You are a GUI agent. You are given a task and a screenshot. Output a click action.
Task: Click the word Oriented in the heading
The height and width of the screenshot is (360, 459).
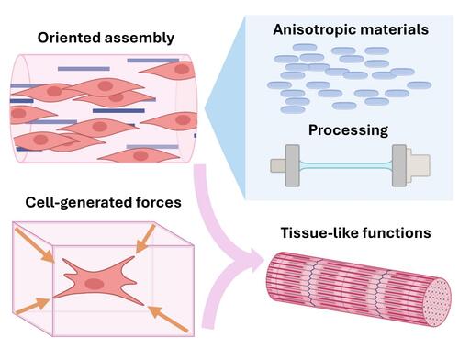coord(69,38)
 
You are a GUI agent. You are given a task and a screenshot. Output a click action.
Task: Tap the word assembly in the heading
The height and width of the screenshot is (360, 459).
coord(140,39)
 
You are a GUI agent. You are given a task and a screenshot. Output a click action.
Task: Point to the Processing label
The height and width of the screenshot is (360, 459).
coord(348,130)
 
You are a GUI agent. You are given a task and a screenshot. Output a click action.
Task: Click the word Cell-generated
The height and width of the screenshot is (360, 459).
coord(73,203)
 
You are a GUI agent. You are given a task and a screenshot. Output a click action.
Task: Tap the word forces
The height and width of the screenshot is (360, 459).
coord(153,202)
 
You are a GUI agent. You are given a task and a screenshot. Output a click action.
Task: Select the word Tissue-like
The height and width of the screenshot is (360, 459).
coord(319,232)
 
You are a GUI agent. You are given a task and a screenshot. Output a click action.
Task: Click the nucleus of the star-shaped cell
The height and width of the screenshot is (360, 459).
coord(95,284)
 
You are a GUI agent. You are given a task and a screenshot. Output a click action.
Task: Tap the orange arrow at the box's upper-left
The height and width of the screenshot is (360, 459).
coord(35,245)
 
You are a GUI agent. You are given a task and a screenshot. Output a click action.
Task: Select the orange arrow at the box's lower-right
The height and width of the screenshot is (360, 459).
coord(168,319)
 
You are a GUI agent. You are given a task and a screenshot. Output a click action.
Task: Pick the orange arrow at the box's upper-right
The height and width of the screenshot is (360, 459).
coord(146,239)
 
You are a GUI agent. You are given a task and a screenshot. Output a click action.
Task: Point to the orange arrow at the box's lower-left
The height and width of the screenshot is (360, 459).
coord(32,306)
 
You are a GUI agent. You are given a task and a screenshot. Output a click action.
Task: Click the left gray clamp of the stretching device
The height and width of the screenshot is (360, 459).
coord(292,165)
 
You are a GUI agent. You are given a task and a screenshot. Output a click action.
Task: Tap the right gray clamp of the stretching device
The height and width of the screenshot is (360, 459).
coord(399,165)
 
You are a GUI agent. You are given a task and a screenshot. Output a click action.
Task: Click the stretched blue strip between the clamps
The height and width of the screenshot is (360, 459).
coord(346,165)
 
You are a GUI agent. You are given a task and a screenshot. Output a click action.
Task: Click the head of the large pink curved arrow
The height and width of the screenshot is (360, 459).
coord(253,261)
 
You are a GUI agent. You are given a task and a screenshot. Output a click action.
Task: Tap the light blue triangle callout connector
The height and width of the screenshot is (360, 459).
coord(225,107)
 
